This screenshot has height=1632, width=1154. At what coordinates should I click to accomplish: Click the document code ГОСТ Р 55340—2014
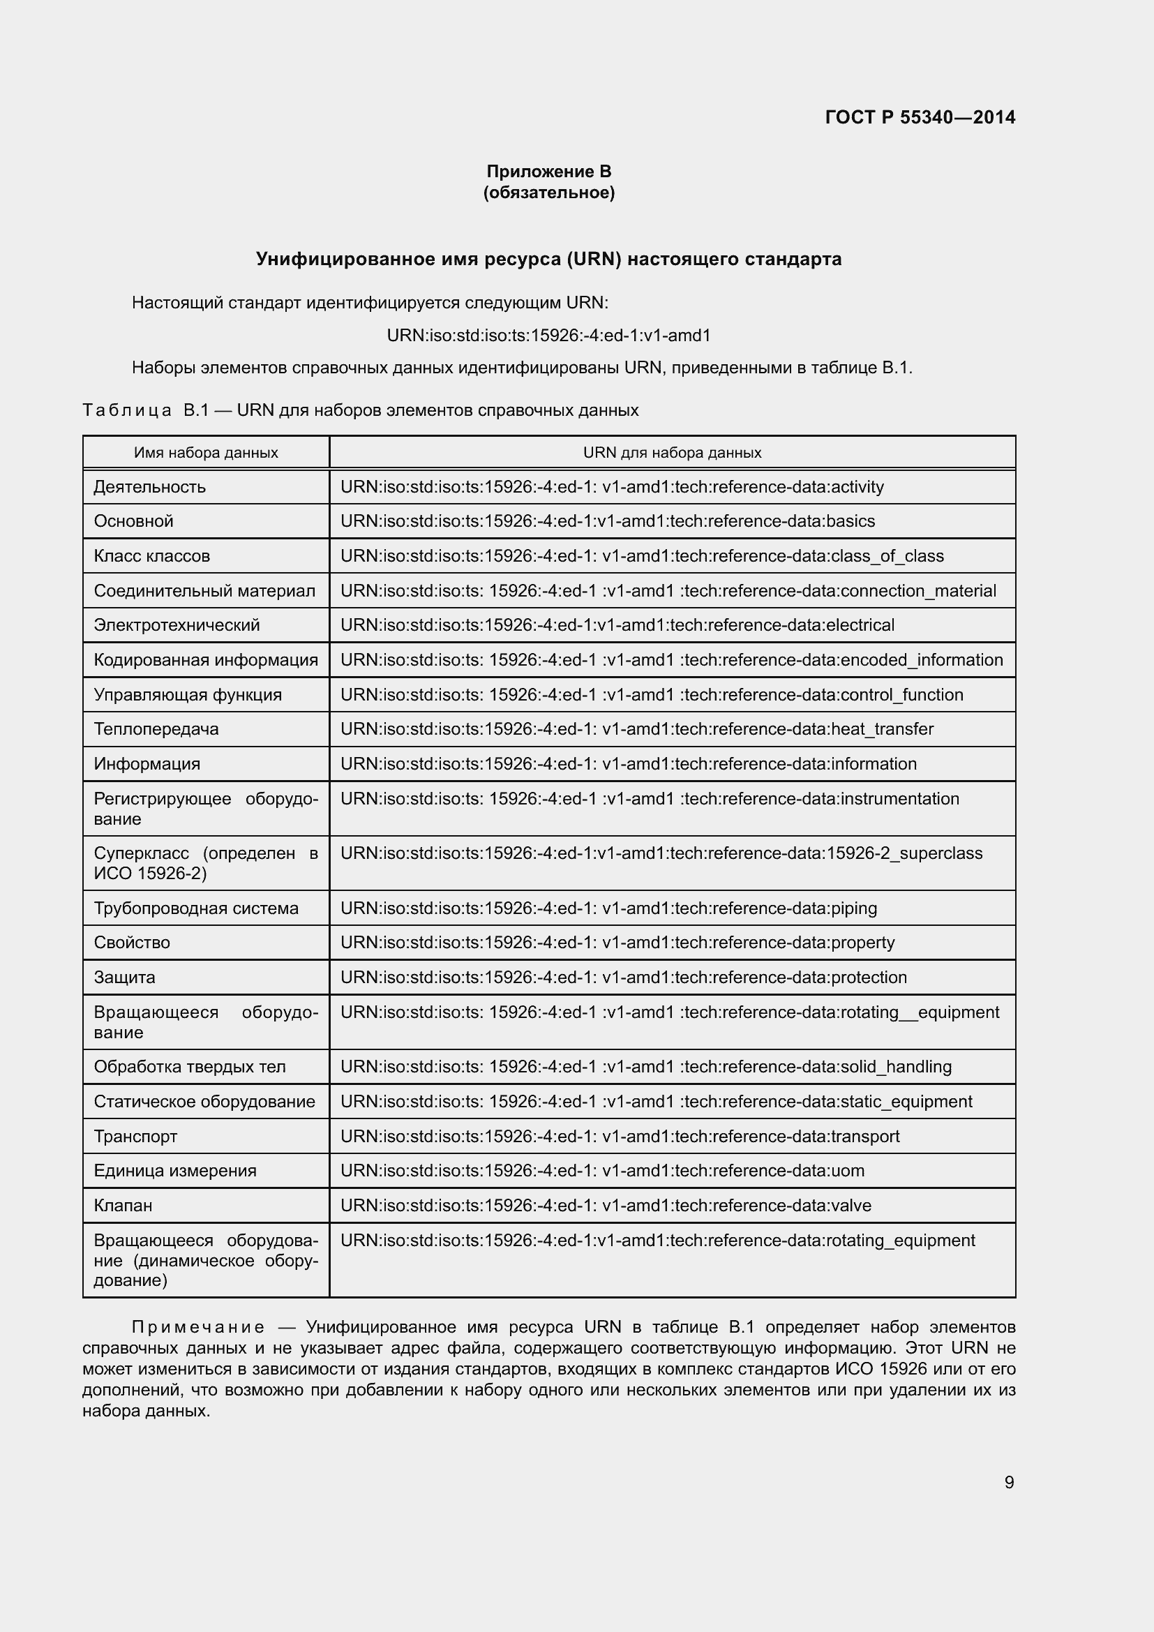pyautogui.click(x=920, y=117)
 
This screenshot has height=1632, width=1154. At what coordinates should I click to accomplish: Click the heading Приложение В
pyautogui.click(x=548, y=172)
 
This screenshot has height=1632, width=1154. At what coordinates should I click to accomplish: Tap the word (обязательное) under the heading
pyautogui.click(x=548, y=193)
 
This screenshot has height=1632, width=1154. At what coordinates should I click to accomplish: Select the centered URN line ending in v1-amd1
pyautogui.click(x=548, y=335)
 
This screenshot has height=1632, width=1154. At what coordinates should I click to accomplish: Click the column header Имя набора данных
pyautogui.click(x=206, y=453)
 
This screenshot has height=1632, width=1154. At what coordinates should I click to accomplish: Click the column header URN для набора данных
pyautogui.click(x=671, y=453)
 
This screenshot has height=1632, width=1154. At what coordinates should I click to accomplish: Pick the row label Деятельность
pyautogui.click(x=150, y=487)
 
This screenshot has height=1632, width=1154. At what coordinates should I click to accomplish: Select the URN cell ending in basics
pyautogui.click(x=608, y=521)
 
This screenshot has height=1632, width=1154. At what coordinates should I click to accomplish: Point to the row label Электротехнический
pyautogui.click(x=177, y=624)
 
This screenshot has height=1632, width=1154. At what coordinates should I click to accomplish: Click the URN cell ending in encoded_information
pyautogui.click(x=671, y=659)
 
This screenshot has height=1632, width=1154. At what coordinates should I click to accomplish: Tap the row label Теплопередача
pyautogui.click(x=156, y=728)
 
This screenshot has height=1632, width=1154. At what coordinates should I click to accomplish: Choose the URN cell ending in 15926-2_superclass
pyautogui.click(x=661, y=853)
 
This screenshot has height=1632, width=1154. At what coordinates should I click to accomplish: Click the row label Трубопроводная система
pyautogui.click(x=196, y=908)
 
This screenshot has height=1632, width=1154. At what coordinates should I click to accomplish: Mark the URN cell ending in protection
pyautogui.click(x=623, y=977)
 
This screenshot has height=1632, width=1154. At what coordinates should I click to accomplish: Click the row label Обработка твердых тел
pyautogui.click(x=190, y=1066)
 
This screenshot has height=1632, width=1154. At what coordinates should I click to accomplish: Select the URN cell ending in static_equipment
pyautogui.click(x=656, y=1101)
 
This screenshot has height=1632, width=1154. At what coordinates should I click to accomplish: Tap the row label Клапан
pyautogui.click(x=123, y=1205)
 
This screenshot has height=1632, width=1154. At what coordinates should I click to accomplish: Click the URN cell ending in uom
pyautogui.click(x=602, y=1170)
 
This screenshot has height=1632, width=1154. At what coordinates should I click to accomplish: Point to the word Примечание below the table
pyautogui.click(x=198, y=1327)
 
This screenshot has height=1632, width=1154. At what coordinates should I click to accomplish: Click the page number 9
pyautogui.click(x=1009, y=1482)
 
